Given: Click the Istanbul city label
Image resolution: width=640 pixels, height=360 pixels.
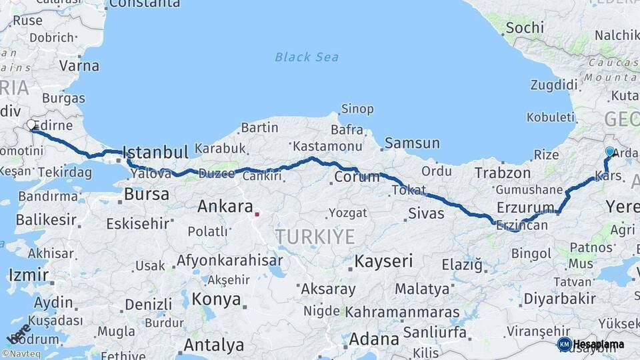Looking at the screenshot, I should click(x=157, y=153).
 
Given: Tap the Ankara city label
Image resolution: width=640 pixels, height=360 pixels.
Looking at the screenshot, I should click(x=225, y=206).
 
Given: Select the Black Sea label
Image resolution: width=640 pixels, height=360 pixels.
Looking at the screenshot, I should click(x=307, y=57).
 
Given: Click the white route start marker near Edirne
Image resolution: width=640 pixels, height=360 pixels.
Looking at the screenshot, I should click(x=31, y=125).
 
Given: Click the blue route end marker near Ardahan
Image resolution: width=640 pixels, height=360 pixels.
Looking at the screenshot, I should click(x=609, y=152).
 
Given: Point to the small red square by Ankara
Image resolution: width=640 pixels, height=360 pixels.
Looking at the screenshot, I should click(x=257, y=215).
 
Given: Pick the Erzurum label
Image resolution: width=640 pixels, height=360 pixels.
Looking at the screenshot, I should click(x=525, y=207).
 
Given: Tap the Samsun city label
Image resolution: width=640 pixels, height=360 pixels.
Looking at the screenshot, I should click(x=412, y=143).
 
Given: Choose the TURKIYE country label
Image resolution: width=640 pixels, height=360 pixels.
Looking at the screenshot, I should click(x=315, y=236).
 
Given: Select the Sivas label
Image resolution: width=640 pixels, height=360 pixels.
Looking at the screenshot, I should click(x=425, y=213).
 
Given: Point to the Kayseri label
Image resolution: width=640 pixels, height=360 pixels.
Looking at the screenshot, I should click(x=383, y=261).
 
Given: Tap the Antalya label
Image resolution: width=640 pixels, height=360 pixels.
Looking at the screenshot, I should click(x=213, y=345).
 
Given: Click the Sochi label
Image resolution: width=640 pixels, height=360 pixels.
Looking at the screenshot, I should click(x=524, y=28).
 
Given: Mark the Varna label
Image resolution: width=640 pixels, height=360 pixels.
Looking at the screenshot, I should click(x=79, y=66).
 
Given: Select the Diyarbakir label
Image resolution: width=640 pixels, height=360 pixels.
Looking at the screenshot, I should click(x=559, y=298).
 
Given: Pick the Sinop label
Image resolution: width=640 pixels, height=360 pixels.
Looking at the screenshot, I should click(x=357, y=109).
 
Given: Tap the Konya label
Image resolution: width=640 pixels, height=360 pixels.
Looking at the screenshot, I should click(x=216, y=299).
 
